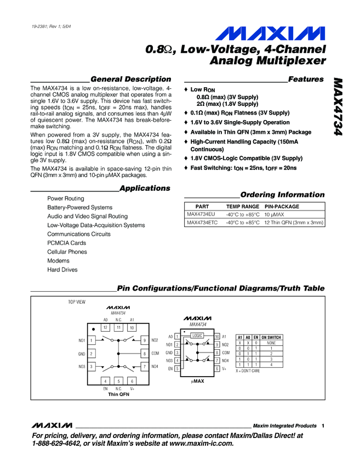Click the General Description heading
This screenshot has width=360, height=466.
[x=130, y=79]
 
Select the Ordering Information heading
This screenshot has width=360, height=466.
[x=282, y=195]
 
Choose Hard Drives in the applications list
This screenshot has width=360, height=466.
[x=62, y=270]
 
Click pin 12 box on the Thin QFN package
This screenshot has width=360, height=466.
[x=105, y=327]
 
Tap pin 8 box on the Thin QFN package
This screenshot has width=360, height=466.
[x=144, y=354]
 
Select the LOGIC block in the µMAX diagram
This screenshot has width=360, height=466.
[x=198, y=335]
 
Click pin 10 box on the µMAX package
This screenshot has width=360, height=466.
[x=217, y=337]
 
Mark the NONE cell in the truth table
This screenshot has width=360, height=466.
[x=271, y=343]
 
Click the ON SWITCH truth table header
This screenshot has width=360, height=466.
[x=271, y=337]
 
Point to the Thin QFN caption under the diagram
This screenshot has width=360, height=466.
[x=118, y=394]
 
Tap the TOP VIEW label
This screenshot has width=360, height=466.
[x=77, y=302]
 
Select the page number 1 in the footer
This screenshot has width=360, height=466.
[x=324, y=426]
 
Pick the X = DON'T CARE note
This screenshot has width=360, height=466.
[x=248, y=371]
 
